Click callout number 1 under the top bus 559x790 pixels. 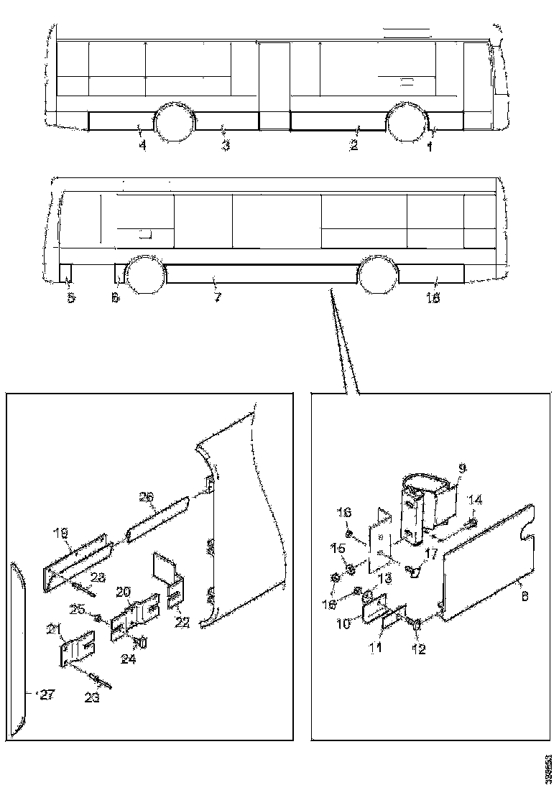pyautogui.click(x=430, y=147)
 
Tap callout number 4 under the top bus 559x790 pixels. pyautogui.click(x=142, y=146)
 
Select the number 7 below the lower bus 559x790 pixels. pyautogui.click(x=216, y=296)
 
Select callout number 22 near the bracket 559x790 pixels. pyautogui.click(x=183, y=622)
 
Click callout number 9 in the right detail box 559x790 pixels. pyautogui.click(x=461, y=468)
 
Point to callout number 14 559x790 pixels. pyautogui.click(x=475, y=500)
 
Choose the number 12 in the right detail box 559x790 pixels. pyautogui.click(x=418, y=650)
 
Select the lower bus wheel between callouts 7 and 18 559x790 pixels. pyautogui.click(x=378, y=275)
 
